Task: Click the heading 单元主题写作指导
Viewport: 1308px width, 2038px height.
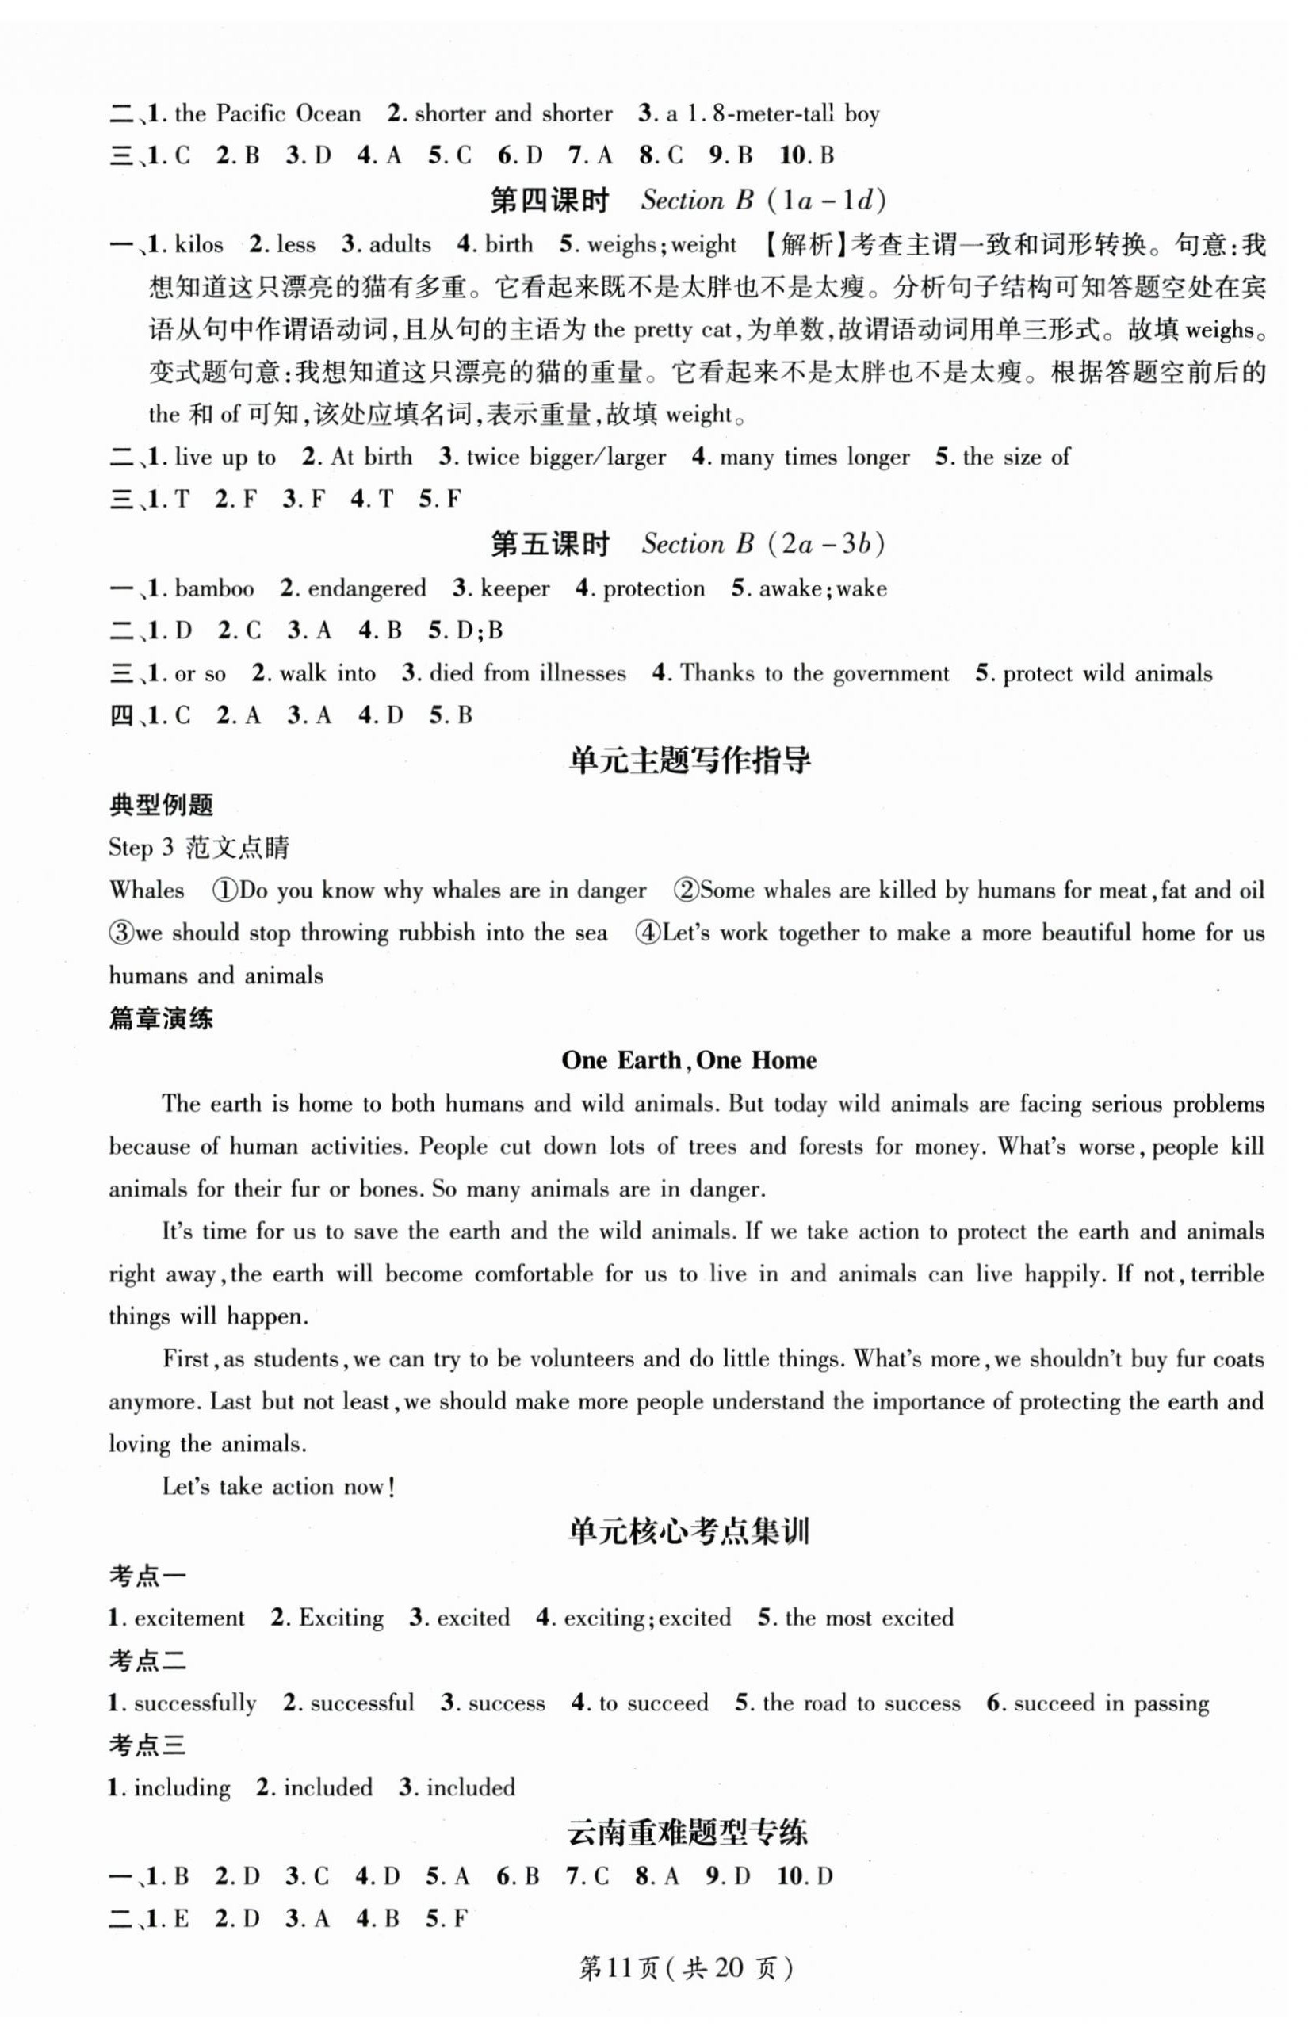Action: (x=689, y=760)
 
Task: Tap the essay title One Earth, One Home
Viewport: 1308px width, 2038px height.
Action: (x=689, y=1060)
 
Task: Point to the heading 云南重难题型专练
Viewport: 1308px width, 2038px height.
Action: (x=689, y=1832)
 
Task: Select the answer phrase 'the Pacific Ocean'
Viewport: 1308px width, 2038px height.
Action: (x=268, y=114)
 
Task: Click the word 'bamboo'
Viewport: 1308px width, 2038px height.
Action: (x=214, y=588)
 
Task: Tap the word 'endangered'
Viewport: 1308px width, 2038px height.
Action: (x=366, y=588)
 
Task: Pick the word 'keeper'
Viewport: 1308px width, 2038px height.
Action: (x=514, y=588)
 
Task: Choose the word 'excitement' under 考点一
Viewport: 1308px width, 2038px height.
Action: (x=189, y=1618)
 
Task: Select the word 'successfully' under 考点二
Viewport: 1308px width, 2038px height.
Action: (x=194, y=1703)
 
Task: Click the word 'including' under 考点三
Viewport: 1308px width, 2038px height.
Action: (x=182, y=1787)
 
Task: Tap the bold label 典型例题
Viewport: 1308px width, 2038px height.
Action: (x=162, y=805)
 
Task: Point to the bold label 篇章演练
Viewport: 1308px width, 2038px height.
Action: (x=162, y=1017)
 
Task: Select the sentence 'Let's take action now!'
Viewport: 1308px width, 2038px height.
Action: (x=278, y=1487)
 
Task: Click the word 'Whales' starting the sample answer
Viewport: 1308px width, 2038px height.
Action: (x=147, y=891)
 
